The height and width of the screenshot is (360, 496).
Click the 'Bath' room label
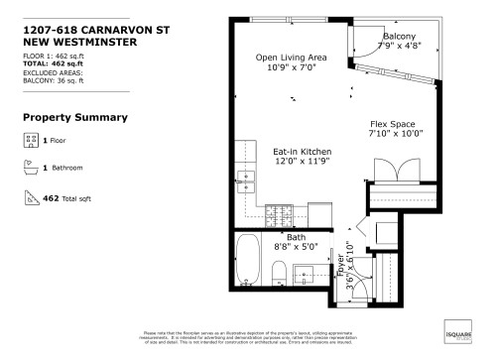[296, 238]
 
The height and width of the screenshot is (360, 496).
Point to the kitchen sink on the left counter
[245, 181]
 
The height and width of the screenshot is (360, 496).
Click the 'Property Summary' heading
[74, 117]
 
